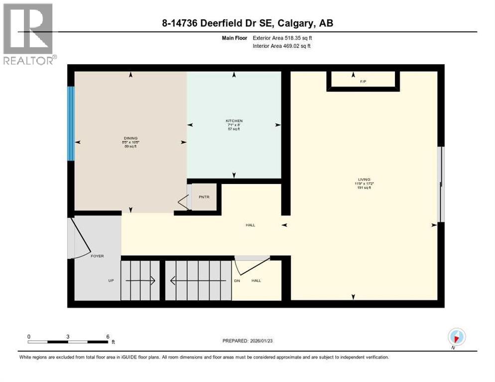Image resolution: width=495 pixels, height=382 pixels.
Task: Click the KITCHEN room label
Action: click(234, 121)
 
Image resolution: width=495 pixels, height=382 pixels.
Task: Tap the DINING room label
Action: click(130, 138)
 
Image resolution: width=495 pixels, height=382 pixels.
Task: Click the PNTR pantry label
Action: click(204, 197)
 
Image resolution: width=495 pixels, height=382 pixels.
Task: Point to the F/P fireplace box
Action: click(363, 81)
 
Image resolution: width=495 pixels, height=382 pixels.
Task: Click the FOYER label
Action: click(97, 256)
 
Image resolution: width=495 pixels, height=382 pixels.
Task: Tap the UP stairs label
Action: click(112, 281)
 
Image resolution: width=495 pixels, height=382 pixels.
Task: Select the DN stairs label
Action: click(237, 281)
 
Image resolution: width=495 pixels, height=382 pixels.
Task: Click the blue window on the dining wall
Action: click(71, 123)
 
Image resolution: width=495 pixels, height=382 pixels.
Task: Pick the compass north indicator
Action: click(456, 337)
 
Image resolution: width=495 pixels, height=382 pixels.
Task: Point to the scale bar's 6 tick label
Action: click(108, 336)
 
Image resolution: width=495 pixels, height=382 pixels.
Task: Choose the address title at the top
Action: click(247, 23)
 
